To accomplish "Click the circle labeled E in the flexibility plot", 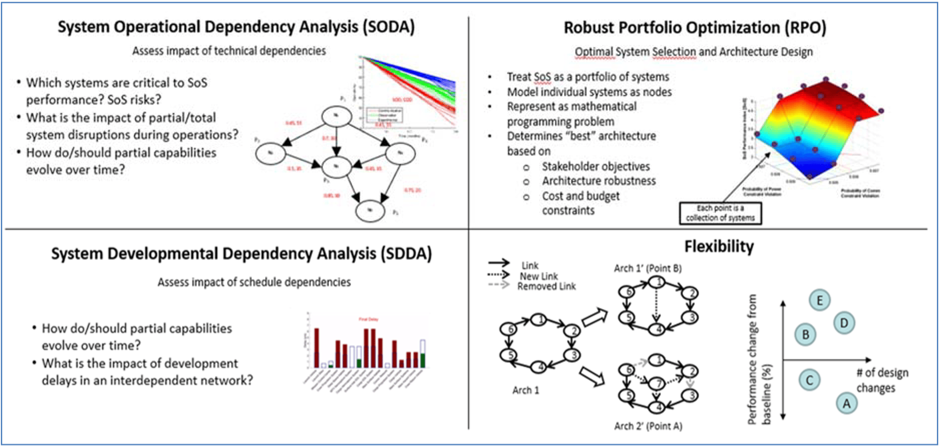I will click(x=819, y=301).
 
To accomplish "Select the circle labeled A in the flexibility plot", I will click(x=846, y=403).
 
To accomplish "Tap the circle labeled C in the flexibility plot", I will click(x=810, y=380).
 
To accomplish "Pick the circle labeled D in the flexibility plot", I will click(x=844, y=323).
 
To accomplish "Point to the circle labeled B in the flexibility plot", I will click(x=805, y=334).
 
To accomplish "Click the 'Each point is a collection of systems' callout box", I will click(x=720, y=213).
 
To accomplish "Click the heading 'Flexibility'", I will click(x=719, y=247).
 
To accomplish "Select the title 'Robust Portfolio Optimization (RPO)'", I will click(x=694, y=27).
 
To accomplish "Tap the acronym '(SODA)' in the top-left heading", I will click(x=388, y=27).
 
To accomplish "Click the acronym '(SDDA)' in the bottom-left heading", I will click(x=406, y=254).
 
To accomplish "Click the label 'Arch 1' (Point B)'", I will click(x=648, y=268).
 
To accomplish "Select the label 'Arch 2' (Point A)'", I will click(x=648, y=426).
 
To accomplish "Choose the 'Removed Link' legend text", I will click(x=546, y=286).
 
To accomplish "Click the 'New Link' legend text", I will click(x=538, y=276).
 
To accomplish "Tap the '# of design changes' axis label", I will click(x=882, y=380).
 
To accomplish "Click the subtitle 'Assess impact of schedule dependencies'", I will click(x=254, y=282).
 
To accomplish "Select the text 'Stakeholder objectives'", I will click(x=595, y=166).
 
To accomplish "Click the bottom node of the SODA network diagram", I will click(x=370, y=211).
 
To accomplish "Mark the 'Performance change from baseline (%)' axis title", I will click(x=759, y=359).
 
